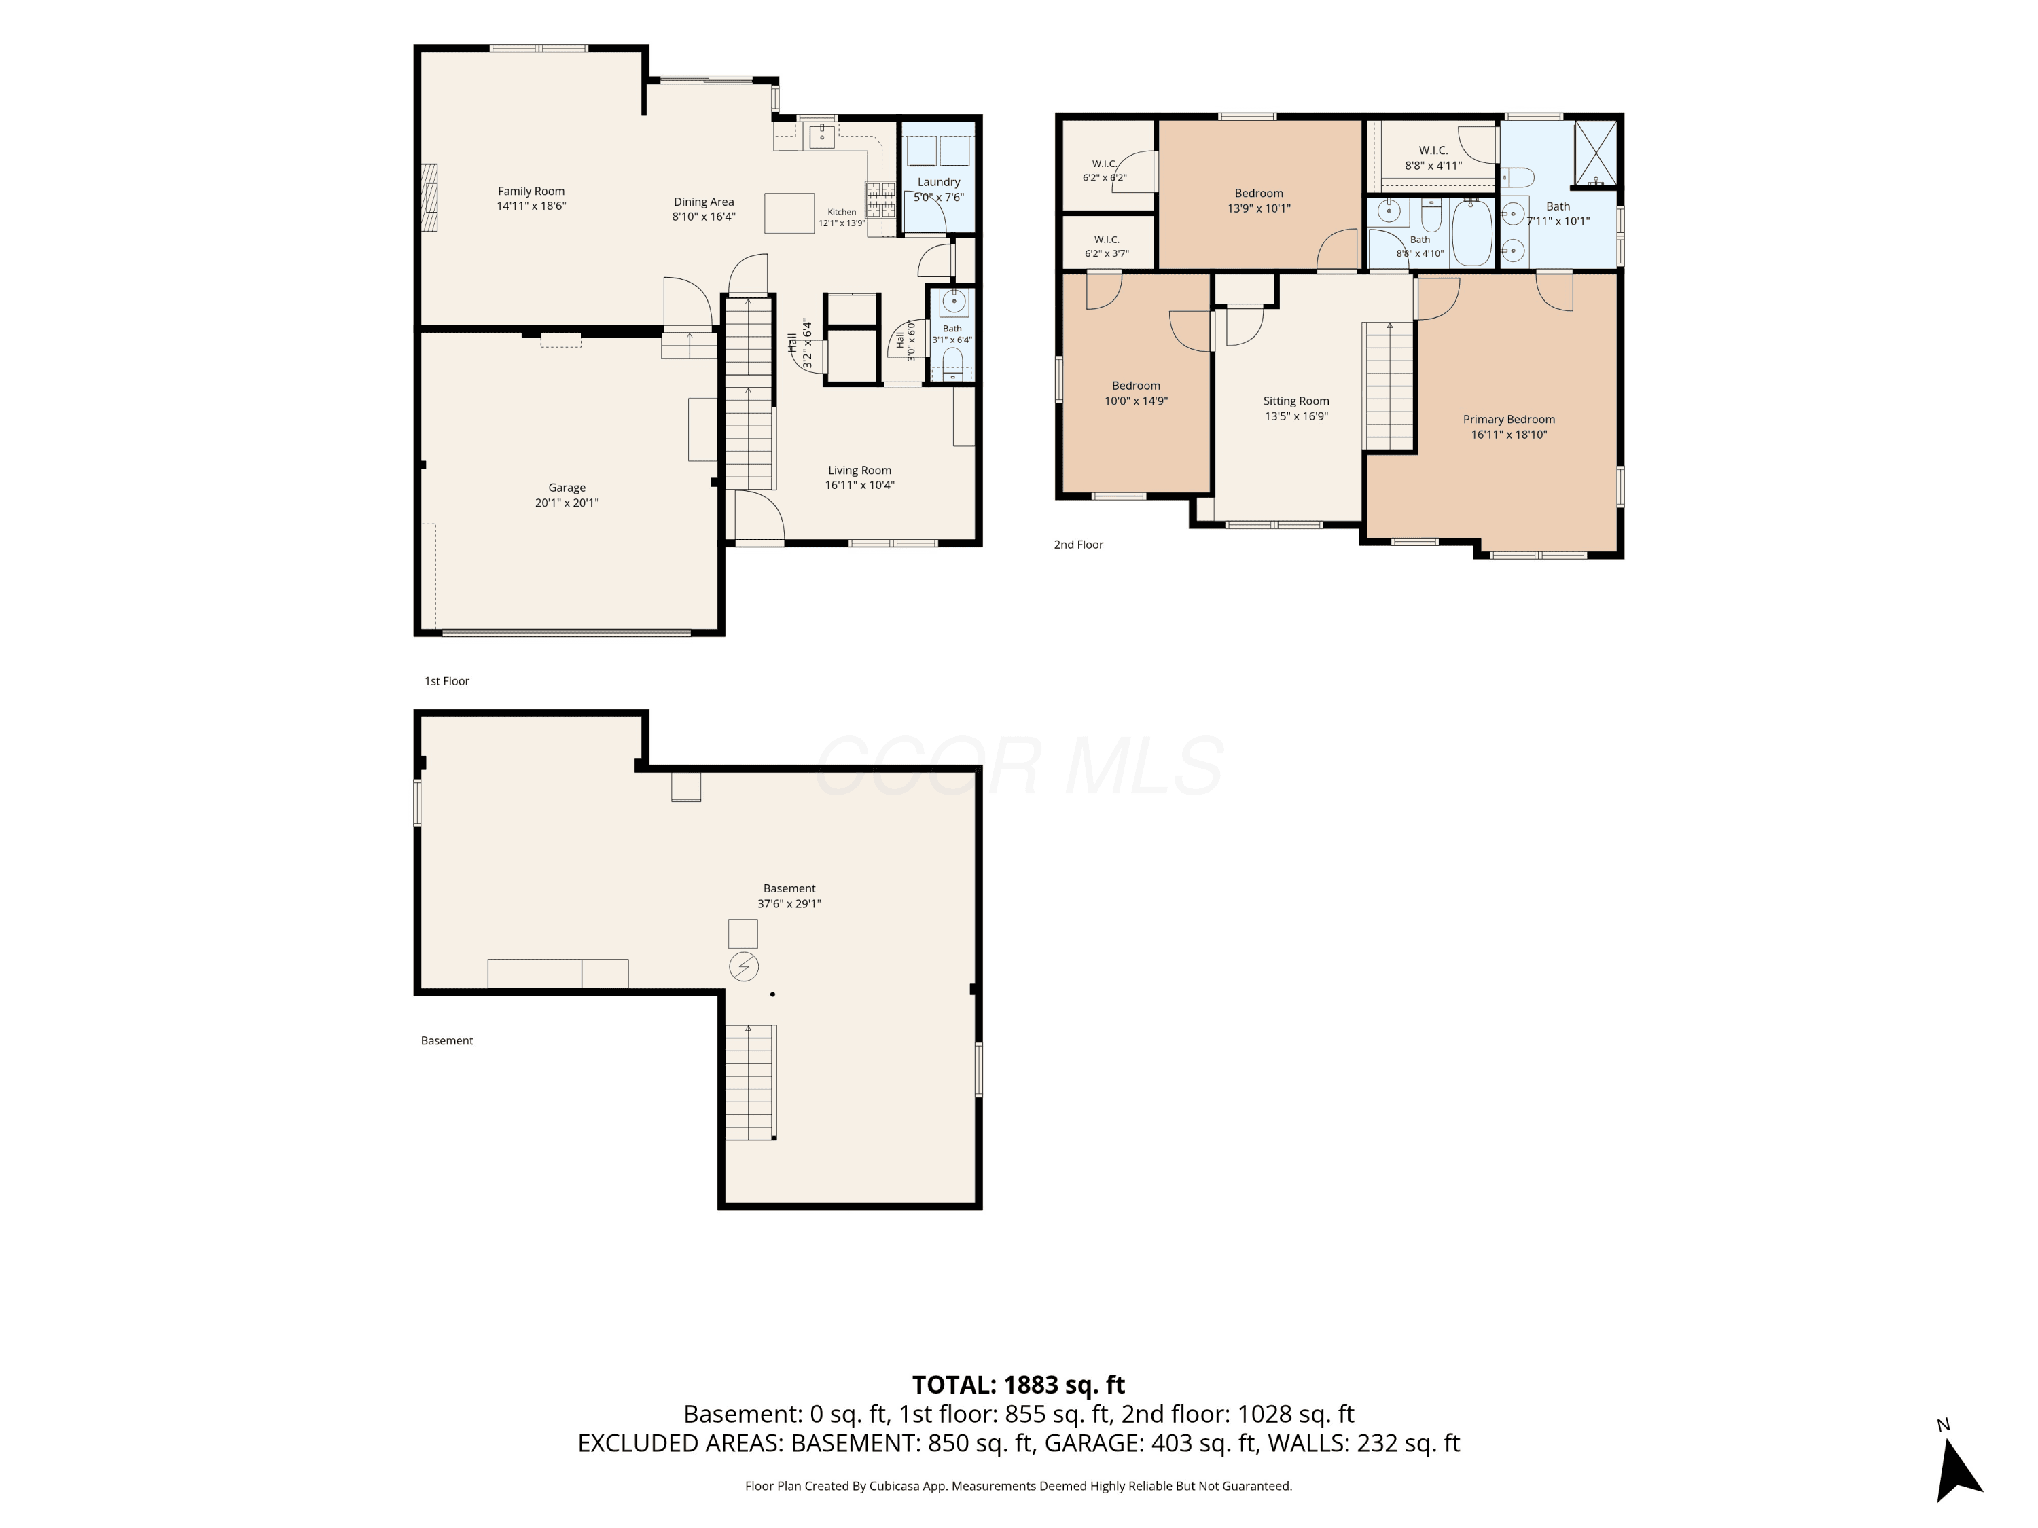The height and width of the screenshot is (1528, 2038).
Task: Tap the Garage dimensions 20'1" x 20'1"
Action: tap(567, 503)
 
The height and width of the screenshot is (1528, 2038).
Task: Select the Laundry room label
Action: tap(939, 183)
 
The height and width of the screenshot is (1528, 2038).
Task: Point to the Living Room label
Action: tap(859, 471)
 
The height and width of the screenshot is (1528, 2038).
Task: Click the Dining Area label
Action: tap(704, 202)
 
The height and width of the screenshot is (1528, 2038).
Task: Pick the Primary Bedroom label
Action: tap(1509, 419)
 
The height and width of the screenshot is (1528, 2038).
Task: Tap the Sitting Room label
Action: tap(1296, 401)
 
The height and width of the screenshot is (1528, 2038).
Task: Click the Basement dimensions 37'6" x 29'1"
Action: tap(789, 903)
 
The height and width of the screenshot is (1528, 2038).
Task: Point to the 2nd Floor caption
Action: tap(1078, 545)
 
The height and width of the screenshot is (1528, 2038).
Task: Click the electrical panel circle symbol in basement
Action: tap(743, 966)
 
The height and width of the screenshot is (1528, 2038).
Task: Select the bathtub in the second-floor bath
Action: tap(1471, 232)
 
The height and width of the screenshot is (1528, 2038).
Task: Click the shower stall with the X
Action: tap(1595, 153)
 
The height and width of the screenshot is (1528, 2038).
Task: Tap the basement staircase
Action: tap(750, 1083)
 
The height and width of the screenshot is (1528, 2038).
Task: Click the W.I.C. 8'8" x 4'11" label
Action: tap(1433, 158)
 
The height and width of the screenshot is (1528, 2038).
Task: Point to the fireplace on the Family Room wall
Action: tap(429, 201)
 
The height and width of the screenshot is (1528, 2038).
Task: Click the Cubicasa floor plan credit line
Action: tap(1019, 1486)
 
